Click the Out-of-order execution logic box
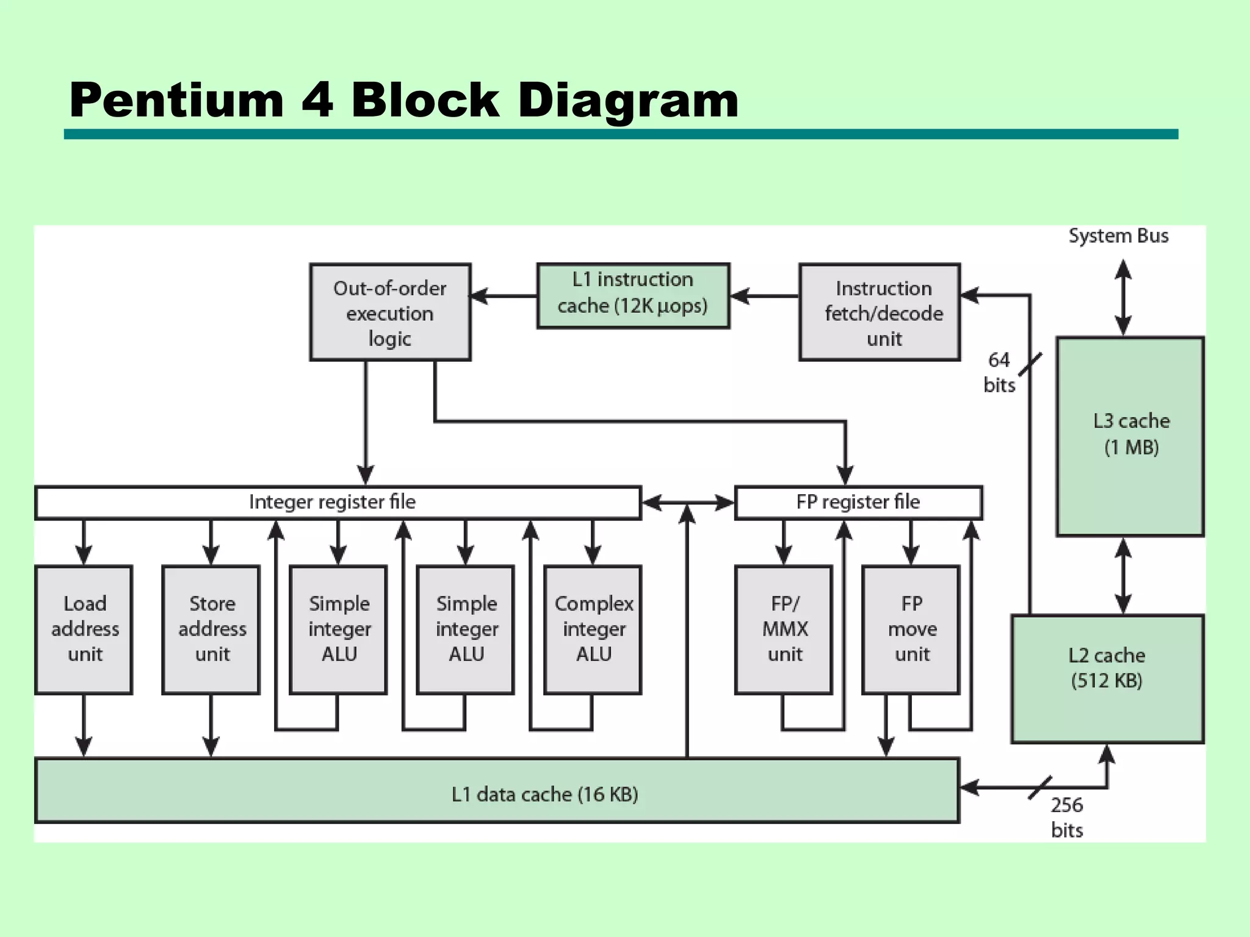click(390, 312)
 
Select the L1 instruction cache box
click(633, 296)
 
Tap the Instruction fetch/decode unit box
click(880, 312)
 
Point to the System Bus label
click(1118, 236)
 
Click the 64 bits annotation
click(999, 372)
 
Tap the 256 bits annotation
click(1067, 817)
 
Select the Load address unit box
click(84, 630)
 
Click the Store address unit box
click(211, 630)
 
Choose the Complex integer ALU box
click(593, 630)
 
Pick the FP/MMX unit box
click(784, 630)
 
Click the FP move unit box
click(911, 630)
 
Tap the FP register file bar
click(858, 503)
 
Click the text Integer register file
click(332, 502)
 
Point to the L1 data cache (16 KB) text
click(544, 794)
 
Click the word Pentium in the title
click(177, 101)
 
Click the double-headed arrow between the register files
click(688, 503)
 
